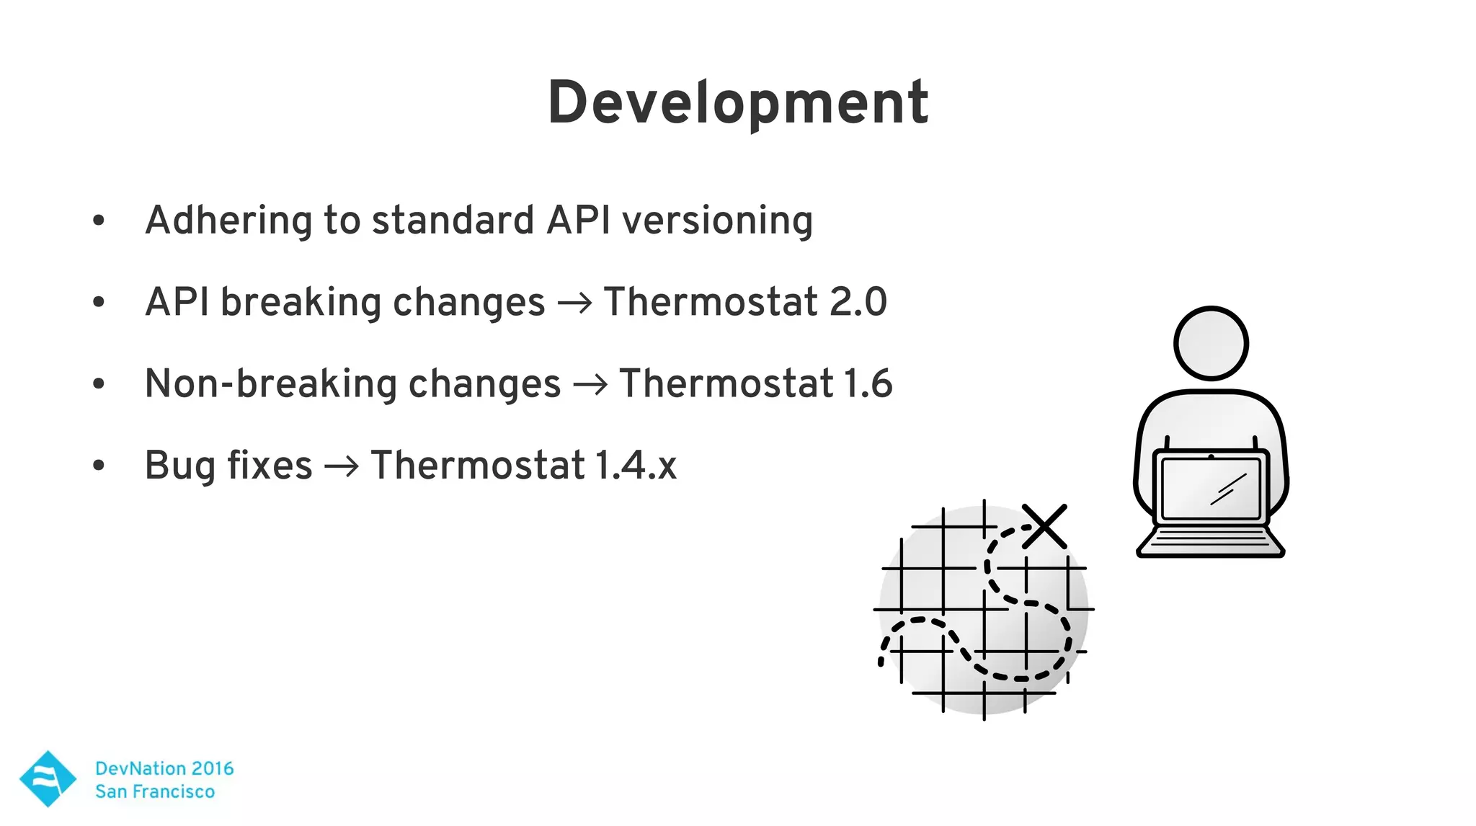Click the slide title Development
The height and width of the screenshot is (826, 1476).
click(x=738, y=104)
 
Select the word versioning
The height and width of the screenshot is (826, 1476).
click(x=717, y=221)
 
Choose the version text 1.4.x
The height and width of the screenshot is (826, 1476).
click(x=636, y=466)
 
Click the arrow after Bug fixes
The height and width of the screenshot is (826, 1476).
click(x=341, y=467)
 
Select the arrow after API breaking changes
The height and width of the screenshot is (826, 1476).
click(x=574, y=303)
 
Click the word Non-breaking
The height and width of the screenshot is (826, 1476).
click(x=271, y=383)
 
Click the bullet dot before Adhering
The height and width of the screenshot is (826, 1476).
click(x=99, y=221)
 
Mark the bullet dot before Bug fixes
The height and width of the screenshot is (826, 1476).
click(x=99, y=466)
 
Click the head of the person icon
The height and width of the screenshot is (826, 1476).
click(x=1211, y=344)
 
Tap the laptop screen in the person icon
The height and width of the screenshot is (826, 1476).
click(x=1211, y=488)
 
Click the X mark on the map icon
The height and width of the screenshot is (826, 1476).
click(x=1044, y=527)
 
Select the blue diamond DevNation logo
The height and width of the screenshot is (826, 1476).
click(x=48, y=778)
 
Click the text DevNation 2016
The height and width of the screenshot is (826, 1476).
click(x=164, y=768)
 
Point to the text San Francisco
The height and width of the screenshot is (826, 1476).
click(x=155, y=791)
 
